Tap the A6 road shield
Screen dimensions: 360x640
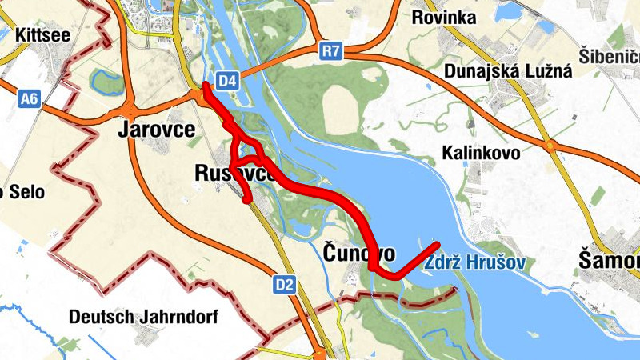(30, 98)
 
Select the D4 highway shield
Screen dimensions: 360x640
(228, 80)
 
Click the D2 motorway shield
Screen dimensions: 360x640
(285, 283)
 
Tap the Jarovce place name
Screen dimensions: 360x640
(158, 129)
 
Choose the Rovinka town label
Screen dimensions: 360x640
(443, 18)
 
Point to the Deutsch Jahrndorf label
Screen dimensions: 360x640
(143, 317)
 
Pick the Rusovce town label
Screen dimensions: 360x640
(235, 173)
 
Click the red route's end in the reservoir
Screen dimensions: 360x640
(437, 243)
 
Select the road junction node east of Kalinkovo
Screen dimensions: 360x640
(550, 146)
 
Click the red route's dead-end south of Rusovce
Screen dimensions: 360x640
(247, 199)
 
